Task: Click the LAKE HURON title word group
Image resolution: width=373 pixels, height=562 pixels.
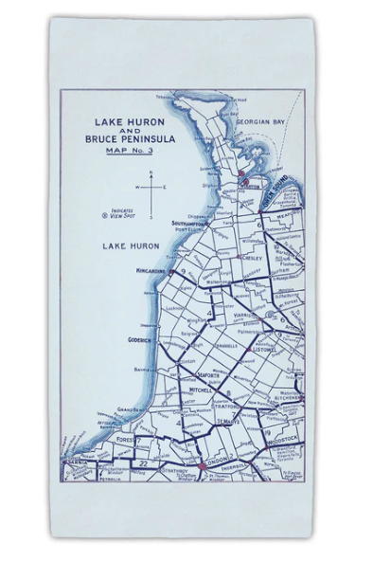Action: [133, 121]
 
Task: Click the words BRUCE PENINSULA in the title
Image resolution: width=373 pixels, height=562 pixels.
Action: [133, 139]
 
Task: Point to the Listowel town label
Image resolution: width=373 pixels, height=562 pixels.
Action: [272, 348]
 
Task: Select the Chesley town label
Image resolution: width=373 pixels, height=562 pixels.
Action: [252, 257]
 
